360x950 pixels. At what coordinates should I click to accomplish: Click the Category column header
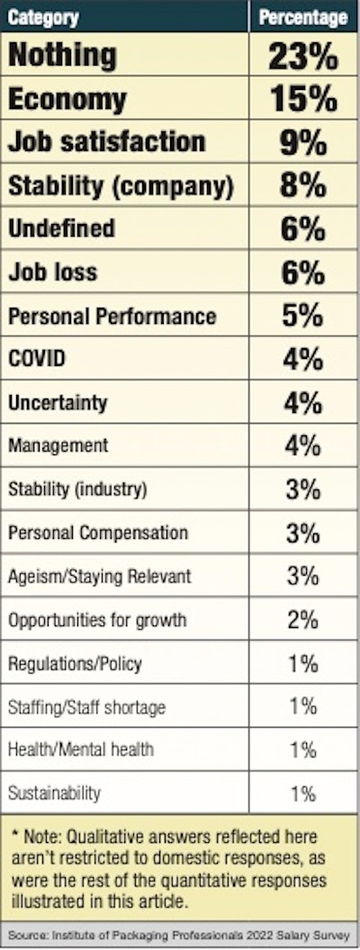[42, 17]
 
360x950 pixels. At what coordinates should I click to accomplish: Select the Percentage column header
[302, 17]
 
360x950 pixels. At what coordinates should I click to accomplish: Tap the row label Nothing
[62, 56]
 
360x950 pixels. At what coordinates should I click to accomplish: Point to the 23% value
[302, 56]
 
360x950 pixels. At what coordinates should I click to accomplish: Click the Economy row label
[67, 99]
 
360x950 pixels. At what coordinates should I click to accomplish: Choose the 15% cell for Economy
[302, 99]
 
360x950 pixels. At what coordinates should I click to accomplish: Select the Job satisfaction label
[106, 142]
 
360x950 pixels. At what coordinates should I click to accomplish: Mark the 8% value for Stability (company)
[302, 185]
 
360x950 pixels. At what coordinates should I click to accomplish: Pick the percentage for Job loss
[302, 273]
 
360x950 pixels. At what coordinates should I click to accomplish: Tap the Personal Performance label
[112, 317]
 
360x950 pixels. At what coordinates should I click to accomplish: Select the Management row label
[58, 446]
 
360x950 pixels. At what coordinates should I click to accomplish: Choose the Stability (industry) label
[76, 490]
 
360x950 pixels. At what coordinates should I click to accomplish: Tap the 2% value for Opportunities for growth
[302, 620]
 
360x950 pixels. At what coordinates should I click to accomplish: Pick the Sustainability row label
[54, 793]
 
